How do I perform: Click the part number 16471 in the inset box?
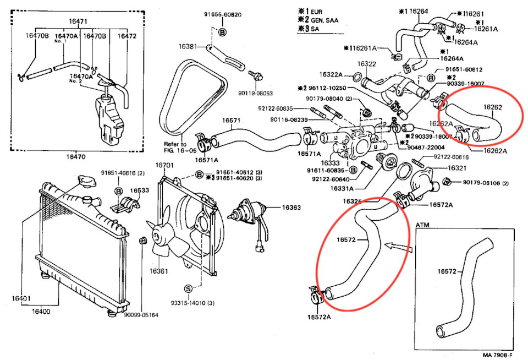[78, 21]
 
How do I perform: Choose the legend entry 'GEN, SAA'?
[324, 19]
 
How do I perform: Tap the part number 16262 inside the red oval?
[492, 107]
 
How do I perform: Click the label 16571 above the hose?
[231, 120]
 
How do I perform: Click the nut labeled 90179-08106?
[446, 182]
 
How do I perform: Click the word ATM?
[422, 225]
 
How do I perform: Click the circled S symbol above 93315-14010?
[188, 288]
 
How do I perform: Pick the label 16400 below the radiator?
[41, 312]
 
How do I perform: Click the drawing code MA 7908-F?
[498, 355]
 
